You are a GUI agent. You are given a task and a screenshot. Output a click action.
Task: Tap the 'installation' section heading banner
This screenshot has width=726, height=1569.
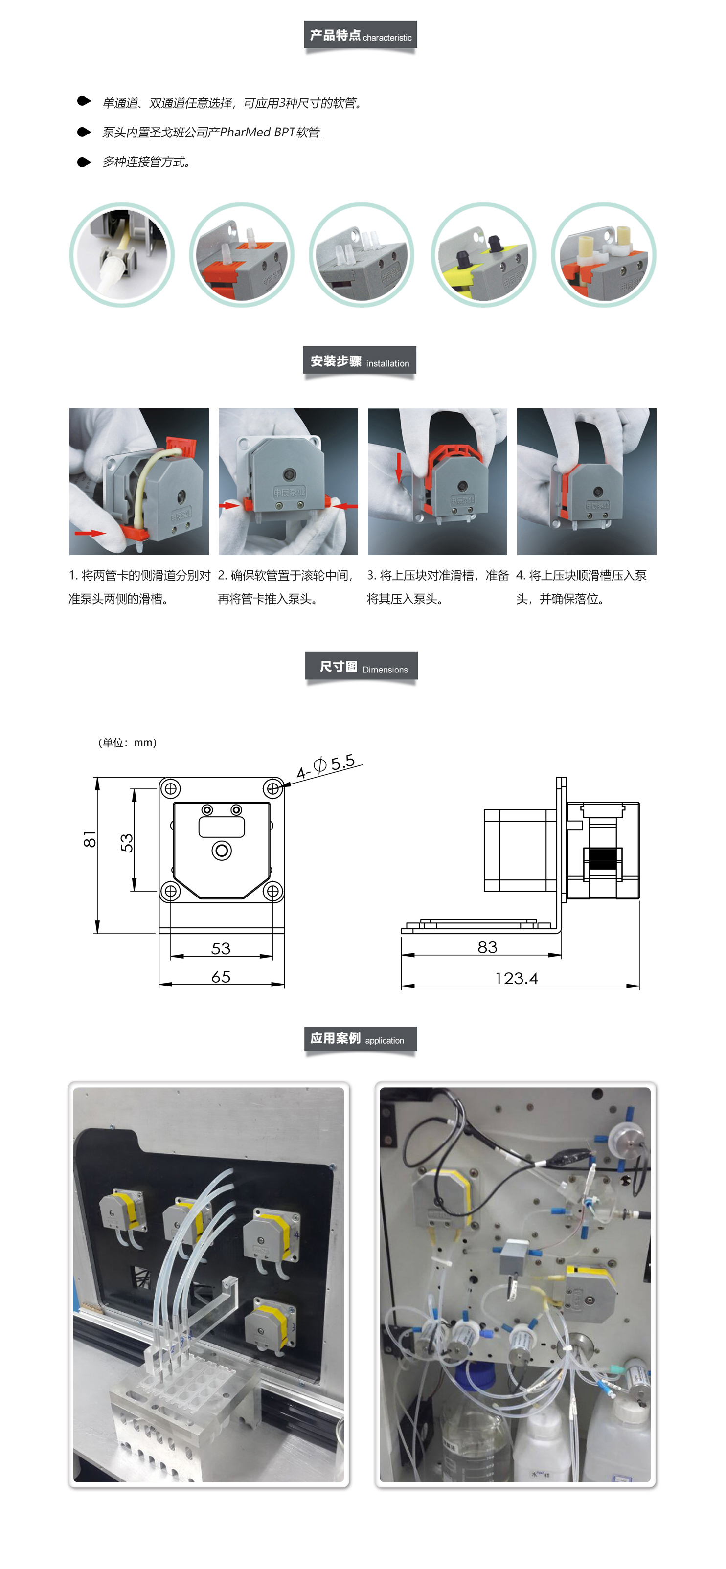[x=360, y=360]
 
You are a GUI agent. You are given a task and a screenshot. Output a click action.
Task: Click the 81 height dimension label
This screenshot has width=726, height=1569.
[x=90, y=839]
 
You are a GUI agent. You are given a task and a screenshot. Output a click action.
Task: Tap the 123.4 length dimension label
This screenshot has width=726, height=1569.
[x=517, y=978]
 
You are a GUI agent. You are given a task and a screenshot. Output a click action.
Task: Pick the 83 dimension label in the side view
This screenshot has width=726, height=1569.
[x=487, y=947]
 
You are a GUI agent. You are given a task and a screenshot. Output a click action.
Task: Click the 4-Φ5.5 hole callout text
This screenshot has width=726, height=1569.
[x=326, y=765]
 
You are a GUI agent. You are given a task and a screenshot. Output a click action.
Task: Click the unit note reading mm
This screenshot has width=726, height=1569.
[x=127, y=742]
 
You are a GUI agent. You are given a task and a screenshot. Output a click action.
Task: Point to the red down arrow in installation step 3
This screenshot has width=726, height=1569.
[x=399, y=467]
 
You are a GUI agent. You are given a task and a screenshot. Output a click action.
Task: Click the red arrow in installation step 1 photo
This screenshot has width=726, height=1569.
[x=90, y=533]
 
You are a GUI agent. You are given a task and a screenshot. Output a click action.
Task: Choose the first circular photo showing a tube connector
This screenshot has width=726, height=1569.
[x=122, y=255]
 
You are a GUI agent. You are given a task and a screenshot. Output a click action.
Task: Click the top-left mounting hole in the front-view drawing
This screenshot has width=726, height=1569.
[x=171, y=789]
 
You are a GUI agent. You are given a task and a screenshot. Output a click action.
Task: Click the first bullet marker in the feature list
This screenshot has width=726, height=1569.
[x=84, y=101]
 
